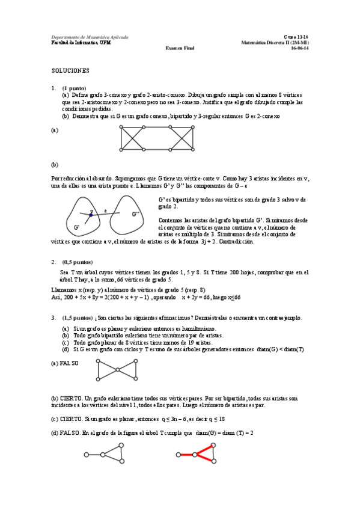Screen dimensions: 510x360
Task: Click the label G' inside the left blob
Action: point(77,228)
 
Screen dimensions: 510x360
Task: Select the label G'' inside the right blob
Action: point(136,214)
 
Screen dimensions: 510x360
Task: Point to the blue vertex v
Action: point(91,214)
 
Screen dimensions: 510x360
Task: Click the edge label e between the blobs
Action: point(105,211)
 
